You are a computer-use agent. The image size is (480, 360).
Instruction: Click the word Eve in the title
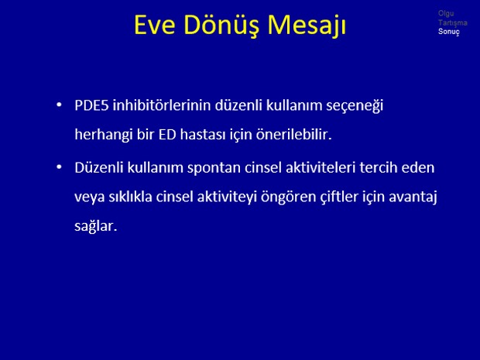(x=155, y=25)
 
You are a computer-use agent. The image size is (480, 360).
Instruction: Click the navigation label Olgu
(x=446, y=13)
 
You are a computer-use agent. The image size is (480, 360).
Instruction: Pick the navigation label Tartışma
(x=452, y=22)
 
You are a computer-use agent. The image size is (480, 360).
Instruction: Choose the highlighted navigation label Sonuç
(x=449, y=32)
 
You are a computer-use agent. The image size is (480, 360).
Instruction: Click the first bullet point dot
(x=59, y=105)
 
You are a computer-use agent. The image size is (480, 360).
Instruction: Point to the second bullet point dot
(x=59, y=167)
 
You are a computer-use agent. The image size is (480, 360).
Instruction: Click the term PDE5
(x=91, y=105)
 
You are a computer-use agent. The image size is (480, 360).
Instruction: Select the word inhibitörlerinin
(x=162, y=105)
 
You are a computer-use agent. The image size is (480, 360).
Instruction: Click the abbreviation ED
(x=167, y=135)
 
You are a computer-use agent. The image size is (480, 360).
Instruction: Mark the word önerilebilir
(x=294, y=134)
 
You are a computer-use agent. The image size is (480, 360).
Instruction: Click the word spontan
(x=214, y=168)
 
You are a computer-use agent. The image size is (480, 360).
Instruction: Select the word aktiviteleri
(x=321, y=167)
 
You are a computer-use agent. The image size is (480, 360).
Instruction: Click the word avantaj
(x=413, y=197)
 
